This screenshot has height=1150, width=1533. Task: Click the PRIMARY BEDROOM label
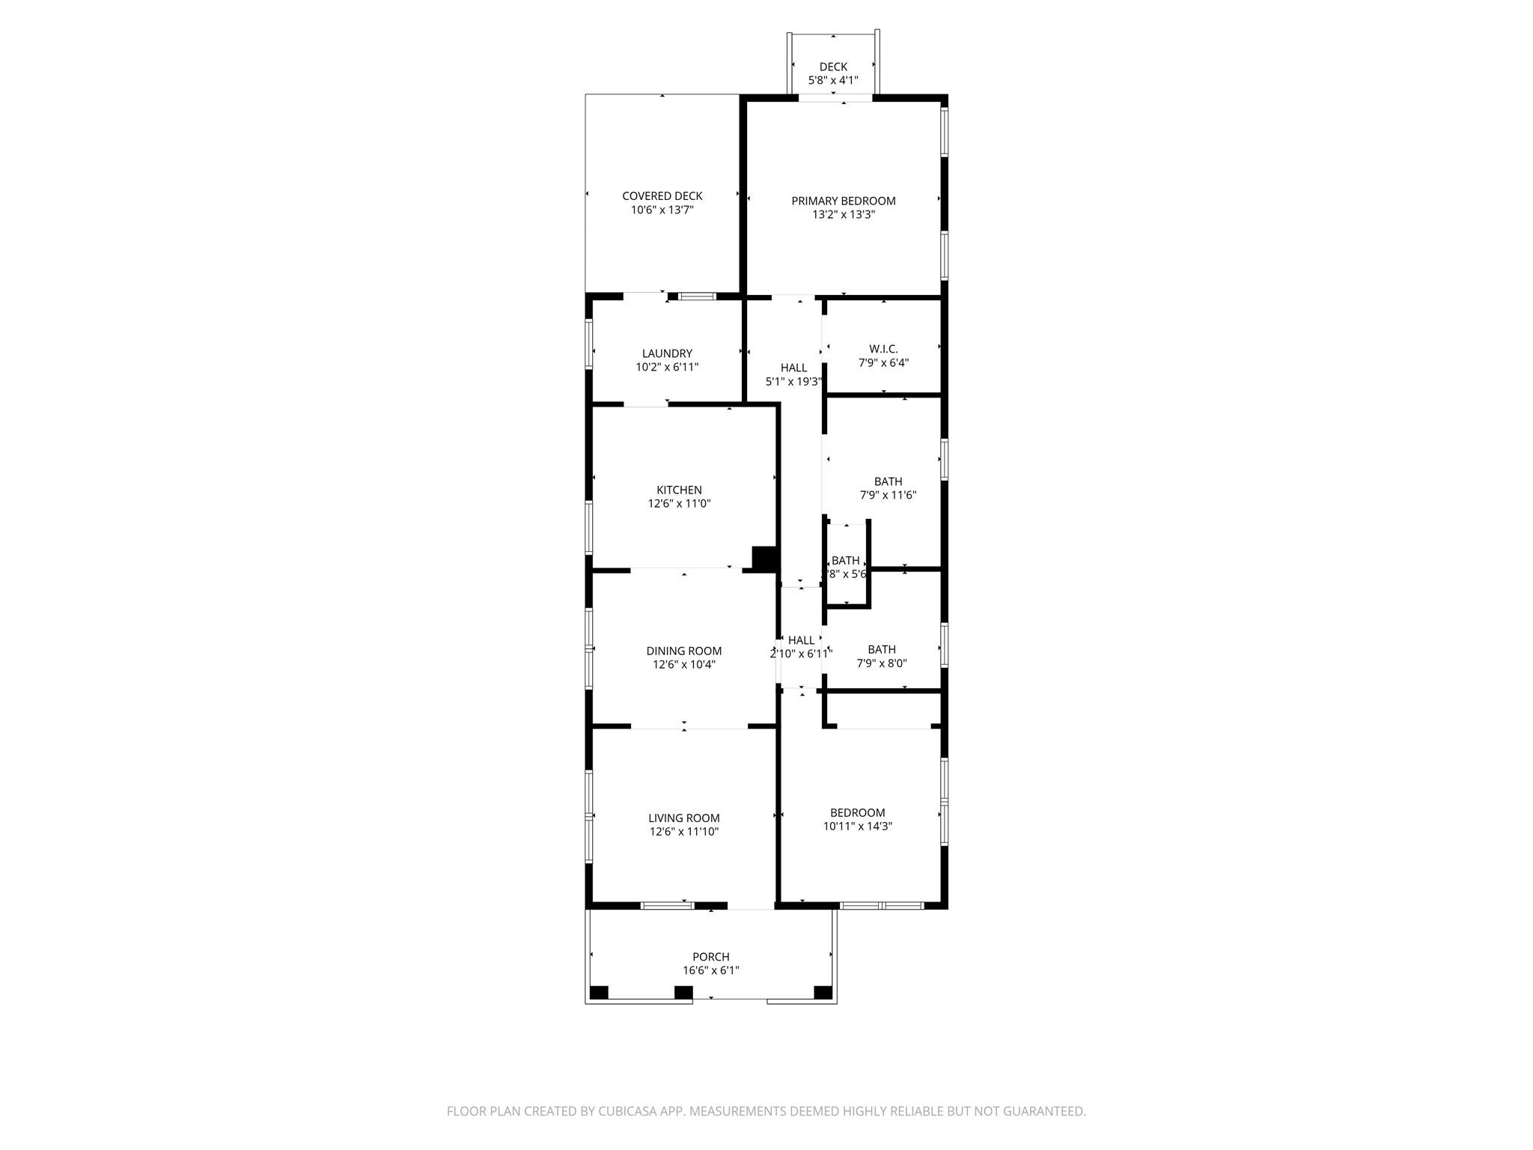844,201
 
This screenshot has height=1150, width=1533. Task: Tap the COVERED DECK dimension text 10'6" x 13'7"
662,210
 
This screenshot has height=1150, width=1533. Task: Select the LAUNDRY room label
667,353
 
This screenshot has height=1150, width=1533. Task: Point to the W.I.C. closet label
883,349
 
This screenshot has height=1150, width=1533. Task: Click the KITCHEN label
679,490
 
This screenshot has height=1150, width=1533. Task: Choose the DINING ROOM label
683,651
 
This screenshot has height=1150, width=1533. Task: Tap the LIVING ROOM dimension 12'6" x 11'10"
683,832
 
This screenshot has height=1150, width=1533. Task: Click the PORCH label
710,957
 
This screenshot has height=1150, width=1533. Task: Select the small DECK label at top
833,67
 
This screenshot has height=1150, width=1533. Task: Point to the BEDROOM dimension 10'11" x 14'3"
857,827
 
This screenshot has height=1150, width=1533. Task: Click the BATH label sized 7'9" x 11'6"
888,481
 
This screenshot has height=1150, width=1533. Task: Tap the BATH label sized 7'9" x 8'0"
882,649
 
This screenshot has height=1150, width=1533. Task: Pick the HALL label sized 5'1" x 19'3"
793,368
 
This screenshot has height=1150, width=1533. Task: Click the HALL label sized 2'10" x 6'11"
801,640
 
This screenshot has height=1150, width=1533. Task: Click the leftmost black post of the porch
599,993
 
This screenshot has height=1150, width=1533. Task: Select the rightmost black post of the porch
823,993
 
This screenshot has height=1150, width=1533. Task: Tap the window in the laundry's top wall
697,296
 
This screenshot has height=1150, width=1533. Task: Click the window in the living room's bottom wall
667,906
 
